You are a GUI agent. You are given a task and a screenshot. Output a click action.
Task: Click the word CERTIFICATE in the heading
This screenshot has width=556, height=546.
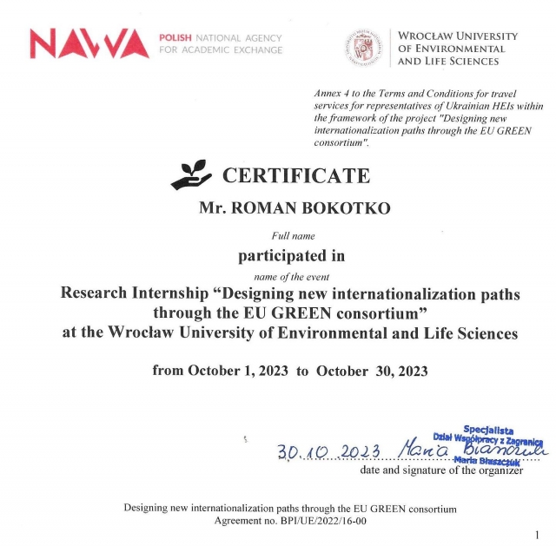tap(296, 175)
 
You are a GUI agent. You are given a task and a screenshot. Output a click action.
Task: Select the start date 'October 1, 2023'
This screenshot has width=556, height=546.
tap(237, 371)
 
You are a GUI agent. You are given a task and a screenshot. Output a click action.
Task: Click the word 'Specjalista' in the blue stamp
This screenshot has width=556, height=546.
tap(489, 429)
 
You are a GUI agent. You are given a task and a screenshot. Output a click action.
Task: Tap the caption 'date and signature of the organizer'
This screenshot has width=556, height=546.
tap(441, 470)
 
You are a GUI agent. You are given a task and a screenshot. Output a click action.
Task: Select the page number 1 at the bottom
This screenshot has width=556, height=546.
tap(537, 535)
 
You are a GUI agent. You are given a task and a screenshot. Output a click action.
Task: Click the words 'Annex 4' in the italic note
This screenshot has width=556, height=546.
tap(333, 93)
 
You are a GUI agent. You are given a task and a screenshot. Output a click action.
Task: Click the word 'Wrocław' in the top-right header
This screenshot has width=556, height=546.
tap(426, 36)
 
